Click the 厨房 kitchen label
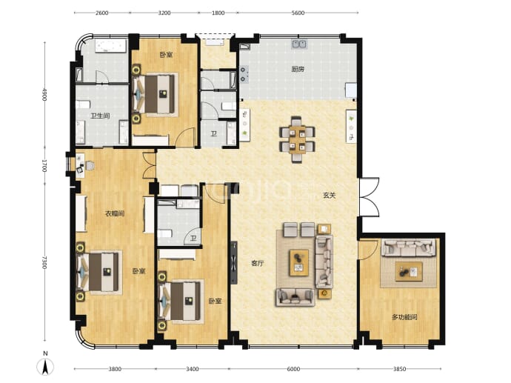tap(298, 69)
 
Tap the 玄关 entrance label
tap(329, 196)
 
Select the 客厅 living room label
tap(257, 264)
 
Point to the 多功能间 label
tap(404, 317)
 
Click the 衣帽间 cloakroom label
tap(115, 214)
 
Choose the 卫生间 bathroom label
tap(100, 116)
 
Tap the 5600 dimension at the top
tap(298, 13)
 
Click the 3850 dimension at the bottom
tap(400, 369)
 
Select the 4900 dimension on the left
tap(44, 94)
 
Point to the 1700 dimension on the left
tap(44, 166)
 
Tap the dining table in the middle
tap(297, 139)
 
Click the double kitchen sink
tap(299, 44)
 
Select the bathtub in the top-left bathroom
tap(111, 46)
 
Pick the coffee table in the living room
tap(299, 263)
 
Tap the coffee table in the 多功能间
tap(409, 272)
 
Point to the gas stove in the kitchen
tap(244, 74)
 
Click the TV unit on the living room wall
tap(234, 262)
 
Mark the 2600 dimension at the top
tap(101, 13)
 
